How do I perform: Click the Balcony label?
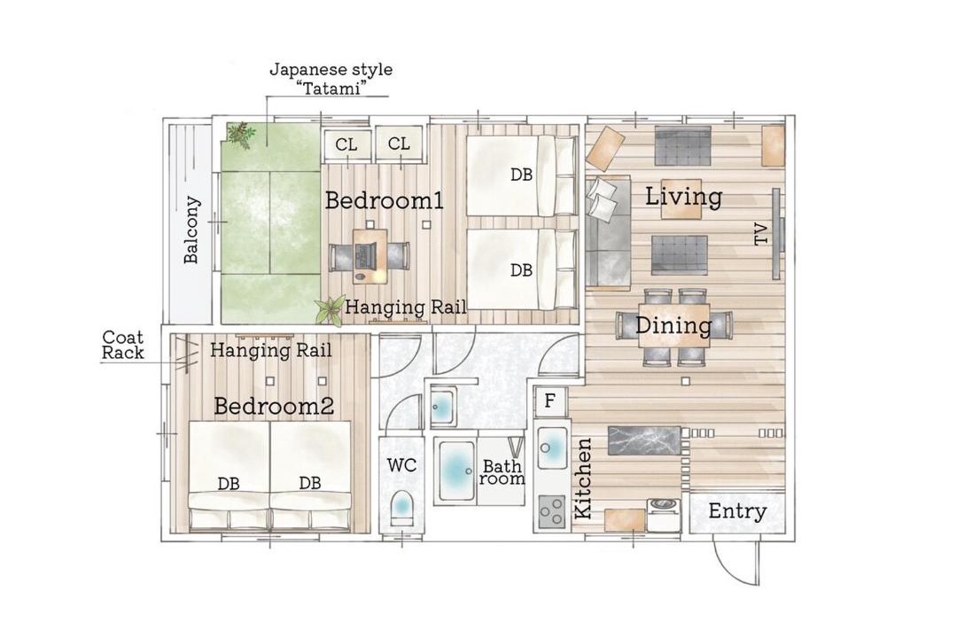[x=191, y=230]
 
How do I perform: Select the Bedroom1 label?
[x=384, y=200]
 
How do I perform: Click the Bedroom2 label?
[x=274, y=406]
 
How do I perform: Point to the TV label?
[x=761, y=234]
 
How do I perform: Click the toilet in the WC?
[x=401, y=506]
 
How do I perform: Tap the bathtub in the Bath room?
[x=455, y=471]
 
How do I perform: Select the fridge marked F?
[x=550, y=401]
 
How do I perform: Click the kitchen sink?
[x=552, y=447]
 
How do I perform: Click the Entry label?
[x=737, y=511]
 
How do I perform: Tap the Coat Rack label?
[x=122, y=345]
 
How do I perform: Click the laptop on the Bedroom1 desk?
[x=368, y=253]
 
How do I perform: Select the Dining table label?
[x=673, y=325]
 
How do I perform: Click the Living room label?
[x=683, y=197]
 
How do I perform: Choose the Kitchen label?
[x=583, y=478]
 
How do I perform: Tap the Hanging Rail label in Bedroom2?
[x=271, y=350]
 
